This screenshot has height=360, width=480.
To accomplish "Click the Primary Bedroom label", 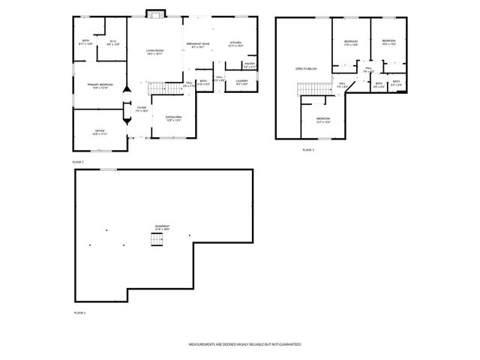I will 99,86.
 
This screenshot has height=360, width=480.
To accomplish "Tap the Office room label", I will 99,132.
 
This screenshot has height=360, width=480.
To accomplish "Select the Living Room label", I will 154,52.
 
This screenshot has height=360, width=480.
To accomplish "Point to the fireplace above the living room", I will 154,13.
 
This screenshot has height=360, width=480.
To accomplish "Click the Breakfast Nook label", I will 197,45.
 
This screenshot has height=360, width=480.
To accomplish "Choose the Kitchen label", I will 235,45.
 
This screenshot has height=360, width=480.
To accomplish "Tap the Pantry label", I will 250,66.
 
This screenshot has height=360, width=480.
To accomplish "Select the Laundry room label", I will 241,82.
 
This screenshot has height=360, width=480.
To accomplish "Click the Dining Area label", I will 174,118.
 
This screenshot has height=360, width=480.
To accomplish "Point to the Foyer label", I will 141,109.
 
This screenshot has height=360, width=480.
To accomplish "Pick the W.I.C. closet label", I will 112,43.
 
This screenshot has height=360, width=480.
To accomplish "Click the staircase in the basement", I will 157,239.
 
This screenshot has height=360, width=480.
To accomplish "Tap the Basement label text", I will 162,228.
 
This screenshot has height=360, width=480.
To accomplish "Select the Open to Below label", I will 306,68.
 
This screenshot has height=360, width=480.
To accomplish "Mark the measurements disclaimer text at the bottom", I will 244,343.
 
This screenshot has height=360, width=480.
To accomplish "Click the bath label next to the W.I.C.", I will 86,43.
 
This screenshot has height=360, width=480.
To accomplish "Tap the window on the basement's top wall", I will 109,169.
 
